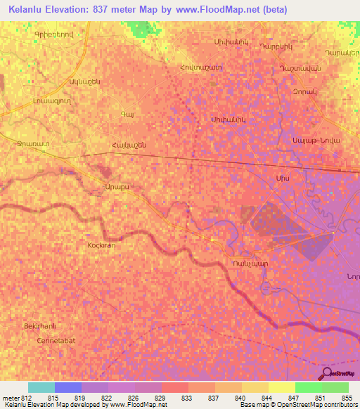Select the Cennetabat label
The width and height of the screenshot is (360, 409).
coord(56,340)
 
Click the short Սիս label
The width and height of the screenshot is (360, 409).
coord(283,180)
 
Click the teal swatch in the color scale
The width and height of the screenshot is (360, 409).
coord(41,387)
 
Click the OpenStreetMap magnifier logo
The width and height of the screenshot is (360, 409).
coord(328,373)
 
